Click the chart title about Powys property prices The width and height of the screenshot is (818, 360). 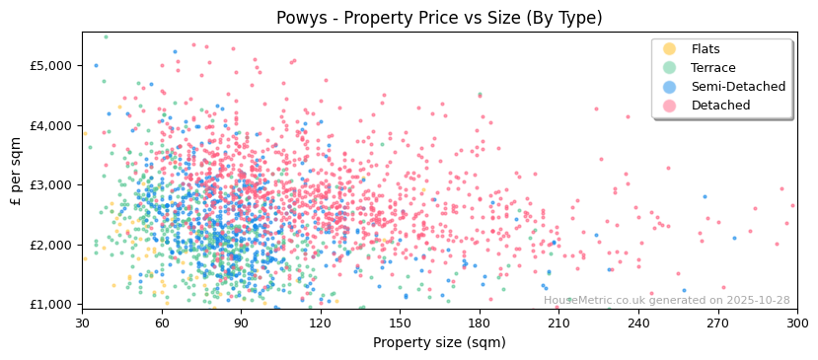pos(439,18)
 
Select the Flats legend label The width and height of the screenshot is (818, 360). pos(706,49)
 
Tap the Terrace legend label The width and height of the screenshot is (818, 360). pos(711,68)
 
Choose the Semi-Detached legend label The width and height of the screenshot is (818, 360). pos(738,87)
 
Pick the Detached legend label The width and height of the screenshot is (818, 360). pos(720,106)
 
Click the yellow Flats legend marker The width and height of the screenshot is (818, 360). pos(670,49)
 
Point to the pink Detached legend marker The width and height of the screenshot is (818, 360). pos(670,106)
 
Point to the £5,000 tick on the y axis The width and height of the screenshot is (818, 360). pos(54,66)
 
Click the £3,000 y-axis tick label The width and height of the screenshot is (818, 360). pos(54,185)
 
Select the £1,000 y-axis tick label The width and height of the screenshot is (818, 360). pos(54,305)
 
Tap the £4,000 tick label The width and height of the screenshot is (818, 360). pos(54,125)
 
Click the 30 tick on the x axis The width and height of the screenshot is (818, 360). pos(82,323)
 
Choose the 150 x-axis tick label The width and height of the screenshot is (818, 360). pos(400,323)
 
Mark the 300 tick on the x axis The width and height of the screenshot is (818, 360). pos(797,323)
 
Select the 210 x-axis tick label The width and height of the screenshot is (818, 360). pos(558,323)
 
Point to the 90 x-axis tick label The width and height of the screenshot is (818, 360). pos(241,323)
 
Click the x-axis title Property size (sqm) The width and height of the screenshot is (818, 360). pos(439,342)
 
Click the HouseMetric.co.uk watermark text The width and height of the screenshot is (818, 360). pos(666,301)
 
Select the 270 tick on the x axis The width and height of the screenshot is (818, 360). pos(717,323)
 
